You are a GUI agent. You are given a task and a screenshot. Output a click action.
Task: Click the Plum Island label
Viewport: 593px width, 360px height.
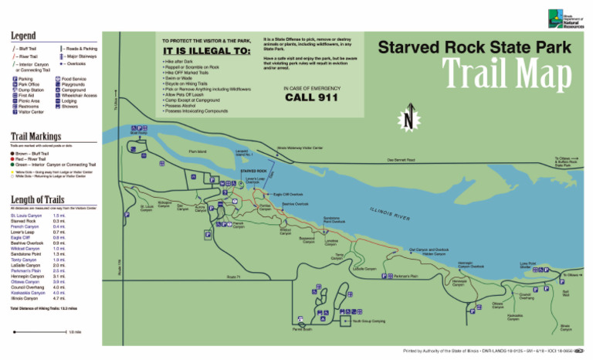(198, 151)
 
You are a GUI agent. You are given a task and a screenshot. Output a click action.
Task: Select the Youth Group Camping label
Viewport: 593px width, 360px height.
(369, 320)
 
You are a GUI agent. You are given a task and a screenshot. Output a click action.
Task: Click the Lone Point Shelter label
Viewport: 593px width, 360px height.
(528, 265)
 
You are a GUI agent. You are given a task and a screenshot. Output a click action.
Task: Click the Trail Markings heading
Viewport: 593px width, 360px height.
(36, 136)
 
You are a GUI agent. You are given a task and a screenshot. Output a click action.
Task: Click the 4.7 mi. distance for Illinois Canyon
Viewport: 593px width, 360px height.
(58, 297)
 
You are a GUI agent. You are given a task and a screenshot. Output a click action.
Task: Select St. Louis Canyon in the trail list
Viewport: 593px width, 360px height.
(26, 216)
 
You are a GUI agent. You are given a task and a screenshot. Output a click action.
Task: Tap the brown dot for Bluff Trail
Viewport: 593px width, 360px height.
(13, 154)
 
